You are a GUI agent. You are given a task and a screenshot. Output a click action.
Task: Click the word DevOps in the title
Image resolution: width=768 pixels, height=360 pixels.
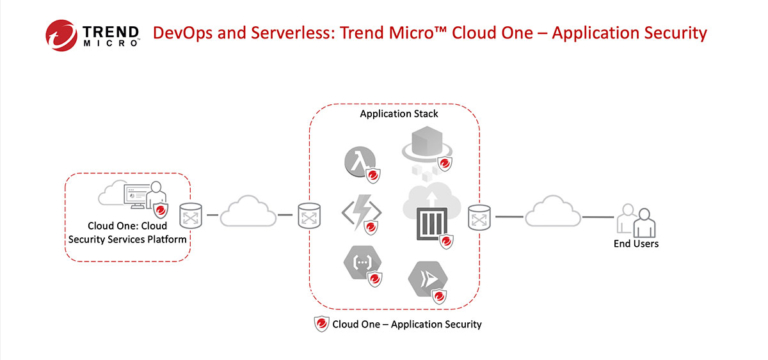coord(181,33)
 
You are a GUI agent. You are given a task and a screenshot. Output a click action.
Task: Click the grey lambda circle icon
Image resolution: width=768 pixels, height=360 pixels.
coord(359,161)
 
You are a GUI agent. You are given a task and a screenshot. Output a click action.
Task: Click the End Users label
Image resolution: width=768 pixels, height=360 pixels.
coord(636,243)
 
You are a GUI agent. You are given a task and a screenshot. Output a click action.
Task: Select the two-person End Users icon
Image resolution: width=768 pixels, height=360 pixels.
coord(636,220)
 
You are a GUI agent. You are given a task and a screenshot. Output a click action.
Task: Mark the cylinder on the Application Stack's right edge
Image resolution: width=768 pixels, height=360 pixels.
coord(479,214)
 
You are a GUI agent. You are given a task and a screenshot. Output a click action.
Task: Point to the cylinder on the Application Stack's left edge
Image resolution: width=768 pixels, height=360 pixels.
coord(309,214)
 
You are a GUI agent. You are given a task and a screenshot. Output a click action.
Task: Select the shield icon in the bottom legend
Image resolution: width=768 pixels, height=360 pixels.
coord(322,324)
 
